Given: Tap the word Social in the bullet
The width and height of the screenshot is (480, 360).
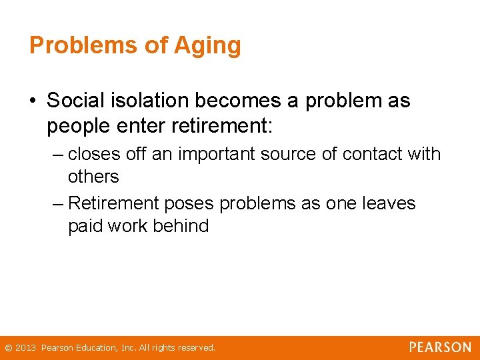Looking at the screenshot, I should (75, 101).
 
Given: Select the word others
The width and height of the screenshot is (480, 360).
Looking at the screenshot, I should (93, 177).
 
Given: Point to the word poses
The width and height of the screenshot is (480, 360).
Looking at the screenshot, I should (194, 203).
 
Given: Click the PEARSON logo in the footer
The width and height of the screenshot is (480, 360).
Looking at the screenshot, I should (440, 347).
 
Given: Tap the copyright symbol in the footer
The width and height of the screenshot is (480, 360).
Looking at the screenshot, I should (8, 348).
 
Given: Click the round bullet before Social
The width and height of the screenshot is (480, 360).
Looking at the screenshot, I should (33, 101).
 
